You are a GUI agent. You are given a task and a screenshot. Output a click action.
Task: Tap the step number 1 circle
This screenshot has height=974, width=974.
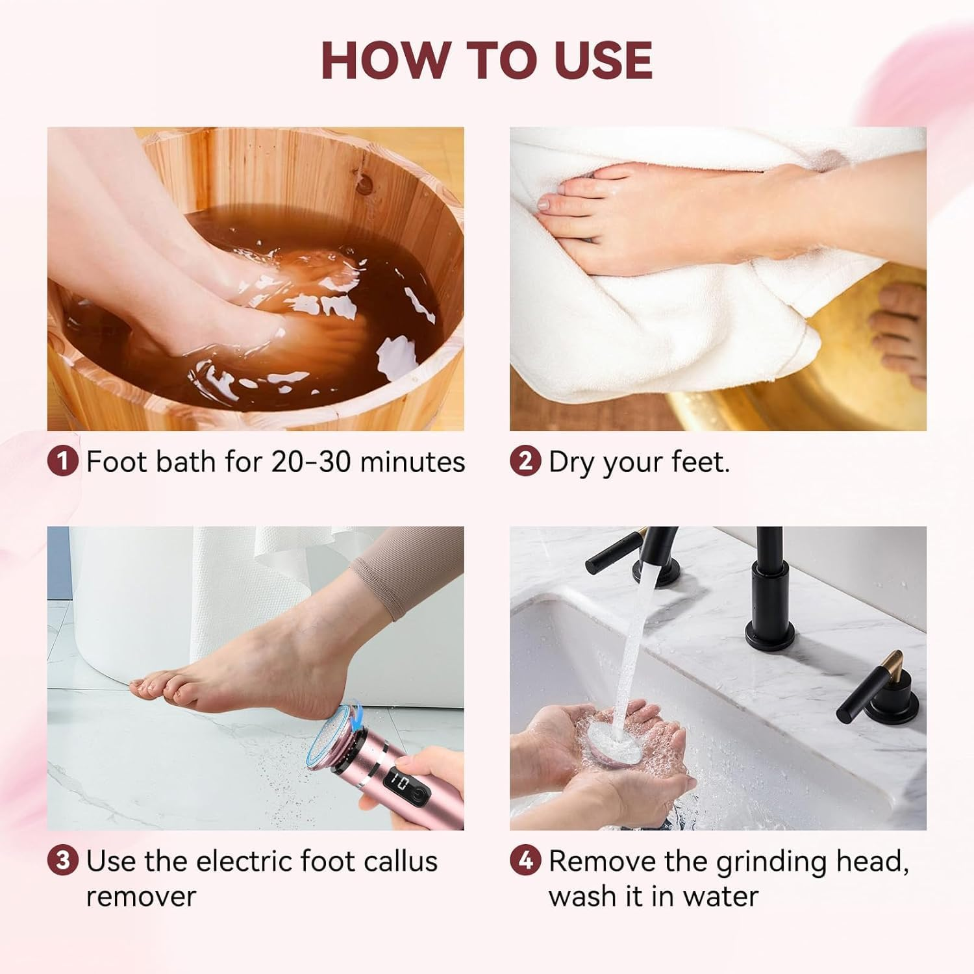63,462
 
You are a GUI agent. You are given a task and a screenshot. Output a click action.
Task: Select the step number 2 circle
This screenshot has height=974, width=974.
525,462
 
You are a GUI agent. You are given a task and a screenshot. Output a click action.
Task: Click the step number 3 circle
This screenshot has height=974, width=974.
63,861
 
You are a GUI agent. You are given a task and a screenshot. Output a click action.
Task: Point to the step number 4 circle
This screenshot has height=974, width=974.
525,861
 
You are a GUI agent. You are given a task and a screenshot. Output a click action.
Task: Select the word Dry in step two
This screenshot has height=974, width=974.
572,462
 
